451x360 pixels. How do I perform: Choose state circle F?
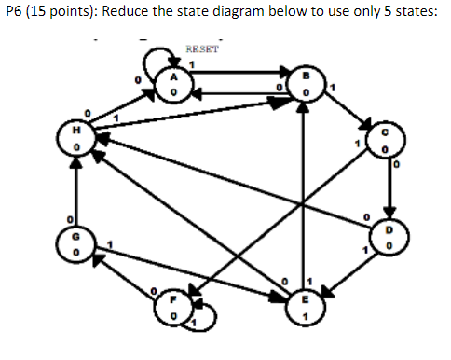pos(174,309)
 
